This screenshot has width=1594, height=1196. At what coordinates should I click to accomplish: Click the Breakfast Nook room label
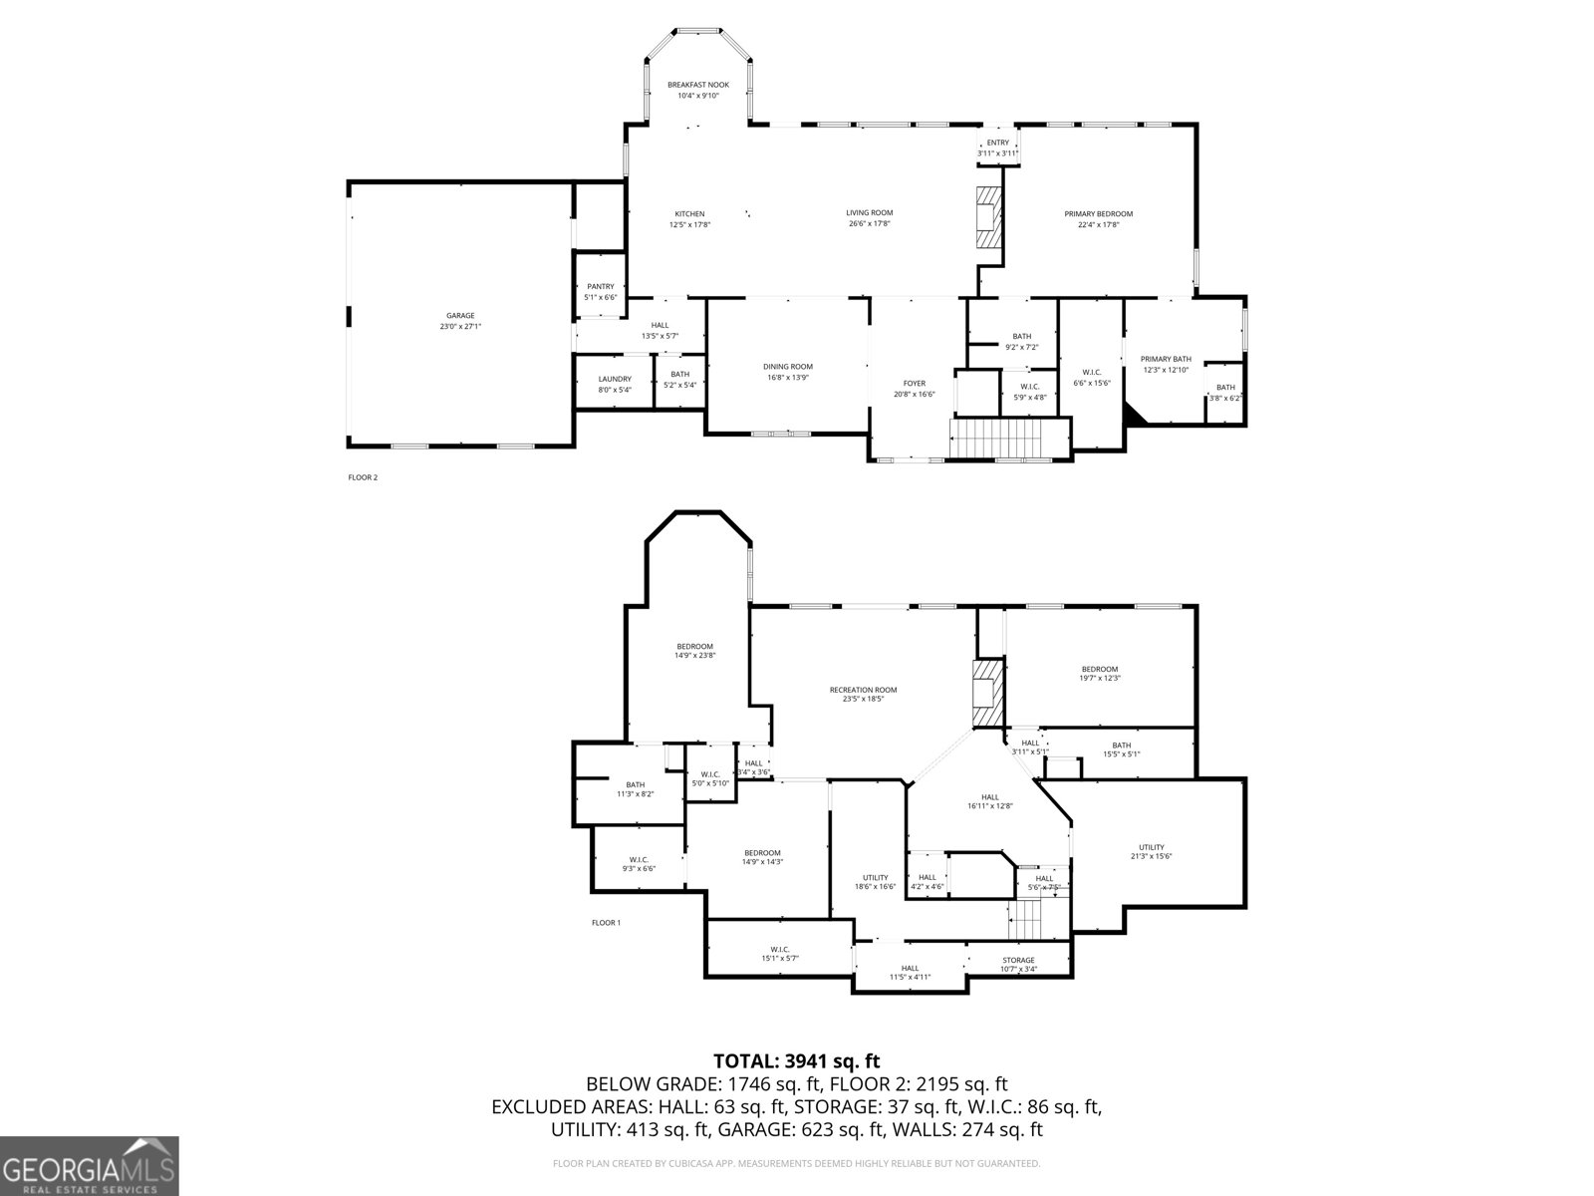click(697, 85)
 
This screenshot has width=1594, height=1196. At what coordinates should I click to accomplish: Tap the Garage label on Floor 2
click(460, 316)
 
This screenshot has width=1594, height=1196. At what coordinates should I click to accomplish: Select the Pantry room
click(600, 291)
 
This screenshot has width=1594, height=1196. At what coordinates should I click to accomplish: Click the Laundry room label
click(615, 379)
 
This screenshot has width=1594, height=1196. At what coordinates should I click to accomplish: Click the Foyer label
click(914, 384)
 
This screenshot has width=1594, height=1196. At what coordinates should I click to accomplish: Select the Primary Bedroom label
click(1098, 214)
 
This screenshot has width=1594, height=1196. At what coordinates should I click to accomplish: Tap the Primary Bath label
click(1166, 359)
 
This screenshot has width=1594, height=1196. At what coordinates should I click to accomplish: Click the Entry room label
click(997, 143)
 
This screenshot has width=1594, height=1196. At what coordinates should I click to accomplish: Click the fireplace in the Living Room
click(988, 216)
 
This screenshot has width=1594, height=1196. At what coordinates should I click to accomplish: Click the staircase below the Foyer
click(996, 439)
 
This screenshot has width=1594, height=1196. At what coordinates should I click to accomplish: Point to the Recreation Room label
click(863, 690)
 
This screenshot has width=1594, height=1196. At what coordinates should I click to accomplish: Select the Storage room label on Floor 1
click(1018, 960)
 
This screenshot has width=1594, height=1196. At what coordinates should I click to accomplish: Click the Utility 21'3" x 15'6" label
click(1151, 847)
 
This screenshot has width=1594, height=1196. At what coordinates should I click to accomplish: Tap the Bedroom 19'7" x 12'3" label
click(1100, 669)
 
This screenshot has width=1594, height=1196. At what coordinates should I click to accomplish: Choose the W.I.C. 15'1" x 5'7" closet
click(779, 953)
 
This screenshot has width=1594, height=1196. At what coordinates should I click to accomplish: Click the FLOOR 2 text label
click(363, 477)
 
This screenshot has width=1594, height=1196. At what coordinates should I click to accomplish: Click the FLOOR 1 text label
click(606, 923)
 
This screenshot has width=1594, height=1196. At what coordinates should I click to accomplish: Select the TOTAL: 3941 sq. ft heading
click(797, 1061)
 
